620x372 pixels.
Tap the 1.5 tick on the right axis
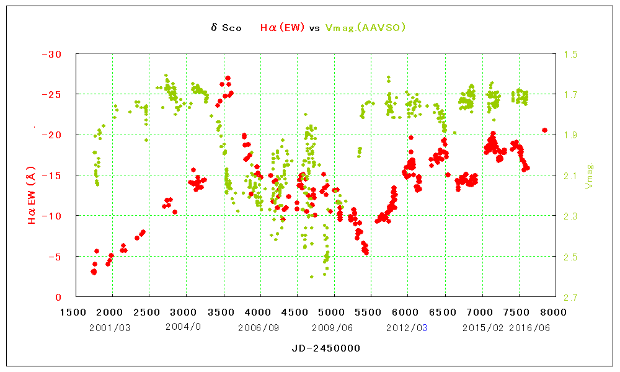pyautogui.click(x=571, y=55)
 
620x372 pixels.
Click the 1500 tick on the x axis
pyautogui.click(x=75, y=311)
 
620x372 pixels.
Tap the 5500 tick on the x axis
pyautogui.click(x=371, y=311)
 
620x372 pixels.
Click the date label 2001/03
pyautogui.click(x=110, y=327)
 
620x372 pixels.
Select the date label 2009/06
pyautogui.click(x=332, y=327)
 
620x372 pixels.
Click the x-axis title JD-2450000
pyautogui.click(x=326, y=348)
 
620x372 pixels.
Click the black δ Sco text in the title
pyautogui.click(x=226, y=28)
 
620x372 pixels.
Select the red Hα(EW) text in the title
pyautogui.click(x=283, y=28)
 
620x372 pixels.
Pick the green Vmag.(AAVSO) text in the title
pyautogui.click(x=366, y=28)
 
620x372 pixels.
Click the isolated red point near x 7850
pyautogui.click(x=544, y=130)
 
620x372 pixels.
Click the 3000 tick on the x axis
pyautogui.click(x=186, y=311)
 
